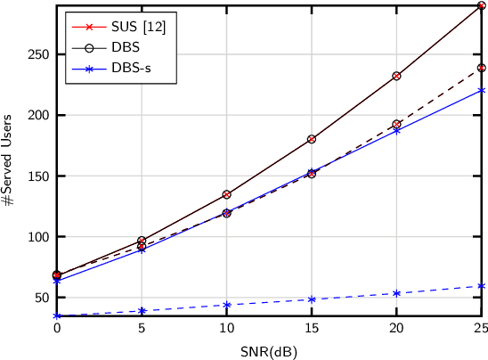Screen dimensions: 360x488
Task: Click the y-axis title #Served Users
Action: (x=8, y=160)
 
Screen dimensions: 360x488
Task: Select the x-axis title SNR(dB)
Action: (x=268, y=351)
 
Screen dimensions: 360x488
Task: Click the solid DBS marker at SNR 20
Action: (x=396, y=76)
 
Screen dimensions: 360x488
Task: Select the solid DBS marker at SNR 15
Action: (x=312, y=139)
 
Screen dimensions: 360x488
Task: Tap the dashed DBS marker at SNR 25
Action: (x=481, y=68)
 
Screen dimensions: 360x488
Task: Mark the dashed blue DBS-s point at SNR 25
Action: (x=481, y=286)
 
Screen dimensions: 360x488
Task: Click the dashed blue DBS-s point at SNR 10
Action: (x=227, y=305)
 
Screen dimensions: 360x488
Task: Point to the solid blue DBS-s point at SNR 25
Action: (x=481, y=90)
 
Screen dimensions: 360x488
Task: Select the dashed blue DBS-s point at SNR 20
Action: (x=396, y=293)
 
